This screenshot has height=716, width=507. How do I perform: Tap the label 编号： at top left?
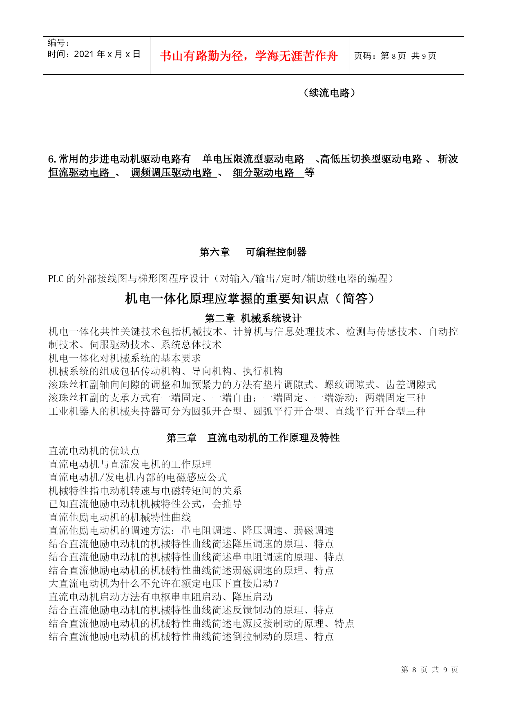point(58,43)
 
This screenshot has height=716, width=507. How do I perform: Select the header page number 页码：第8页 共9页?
point(395,56)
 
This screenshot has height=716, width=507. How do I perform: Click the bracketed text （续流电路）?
point(329,93)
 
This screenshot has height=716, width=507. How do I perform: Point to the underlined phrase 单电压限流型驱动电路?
point(253,159)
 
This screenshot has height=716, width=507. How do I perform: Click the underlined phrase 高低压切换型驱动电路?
point(371,159)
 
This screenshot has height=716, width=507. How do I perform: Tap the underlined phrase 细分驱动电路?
point(264,173)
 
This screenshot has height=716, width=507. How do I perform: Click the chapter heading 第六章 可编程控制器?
point(253,252)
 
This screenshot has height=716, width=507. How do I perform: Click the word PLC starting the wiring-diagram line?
point(56,279)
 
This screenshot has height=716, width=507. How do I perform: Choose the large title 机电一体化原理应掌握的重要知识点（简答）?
point(250,299)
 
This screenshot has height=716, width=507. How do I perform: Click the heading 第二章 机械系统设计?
point(253,318)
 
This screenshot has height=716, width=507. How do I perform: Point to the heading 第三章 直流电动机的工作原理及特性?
point(253,438)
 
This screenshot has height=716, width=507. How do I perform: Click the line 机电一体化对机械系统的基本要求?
point(125,358)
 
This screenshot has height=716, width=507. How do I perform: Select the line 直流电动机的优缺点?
point(94,451)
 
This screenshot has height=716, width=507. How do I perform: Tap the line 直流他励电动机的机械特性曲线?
point(120,517)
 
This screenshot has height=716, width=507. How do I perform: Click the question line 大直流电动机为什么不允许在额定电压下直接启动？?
point(164,584)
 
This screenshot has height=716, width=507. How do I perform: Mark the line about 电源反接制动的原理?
point(201,623)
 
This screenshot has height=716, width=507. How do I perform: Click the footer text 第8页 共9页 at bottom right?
point(429,669)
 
